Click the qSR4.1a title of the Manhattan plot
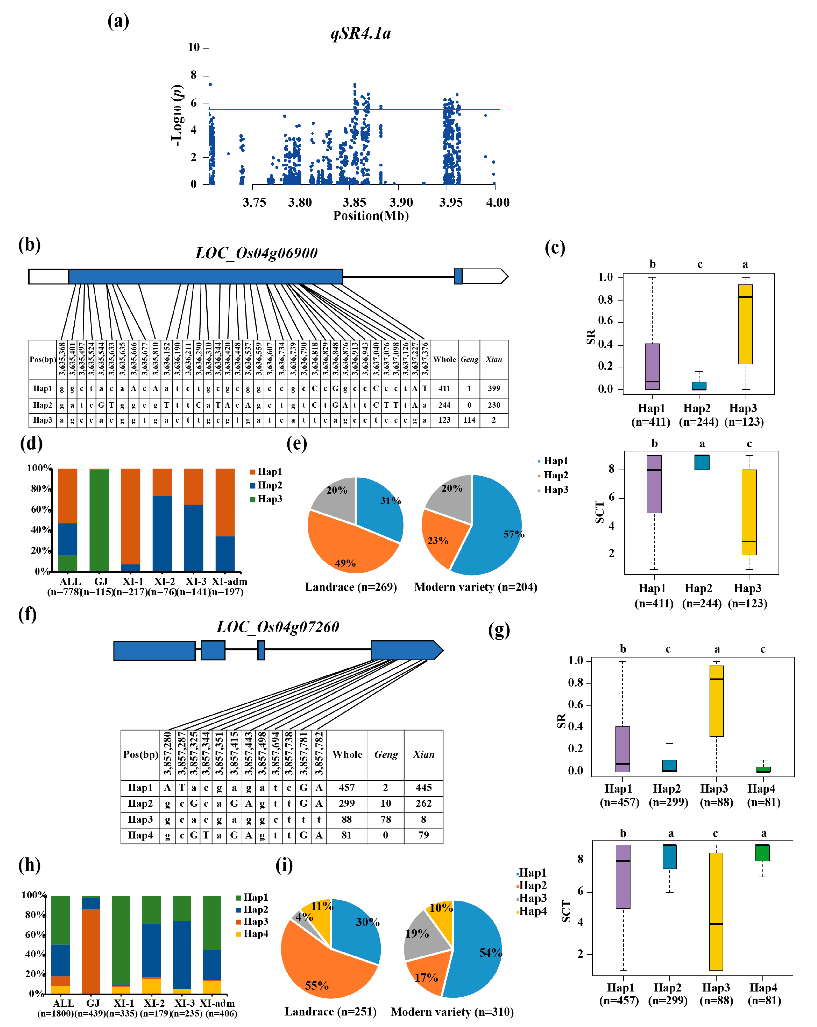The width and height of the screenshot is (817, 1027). pyautogui.click(x=361, y=33)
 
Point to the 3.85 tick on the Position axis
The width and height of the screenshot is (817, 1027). pyautogui.click(x=354, y=202)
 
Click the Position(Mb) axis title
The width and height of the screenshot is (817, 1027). pyautogui.click(x=371, y=216)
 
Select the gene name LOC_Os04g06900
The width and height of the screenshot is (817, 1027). pyautogui.click(x=256, y=253)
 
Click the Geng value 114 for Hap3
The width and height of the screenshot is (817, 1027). pyautogui.click(x=469, y=420)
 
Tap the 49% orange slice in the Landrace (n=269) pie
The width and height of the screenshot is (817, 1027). pyautogui.click(x=348, y=548)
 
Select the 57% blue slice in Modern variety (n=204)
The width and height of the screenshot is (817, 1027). pyautogui.click(x=495, y=529)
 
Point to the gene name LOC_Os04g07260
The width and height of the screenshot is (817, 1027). pyautogui.click(x=278, y=627)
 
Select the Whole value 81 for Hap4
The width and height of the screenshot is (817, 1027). pyautogui.click(x=346, y=835)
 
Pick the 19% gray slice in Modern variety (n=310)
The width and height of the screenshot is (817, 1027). pyautogui.click(x=422, y=936)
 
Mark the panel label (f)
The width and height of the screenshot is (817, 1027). pyautogui.click(x=28, y=615)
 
